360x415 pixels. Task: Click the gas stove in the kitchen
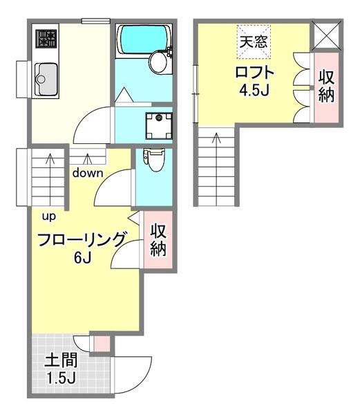tap(46, 38)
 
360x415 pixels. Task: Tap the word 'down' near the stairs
tap(88, 173)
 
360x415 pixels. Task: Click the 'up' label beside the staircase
tap(49, 216)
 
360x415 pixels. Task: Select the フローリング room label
tap(82, 240)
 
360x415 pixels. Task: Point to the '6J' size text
tap(83, 258)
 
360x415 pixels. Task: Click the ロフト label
tap(255, 73)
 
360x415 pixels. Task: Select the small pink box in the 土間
tap(101, 342)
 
